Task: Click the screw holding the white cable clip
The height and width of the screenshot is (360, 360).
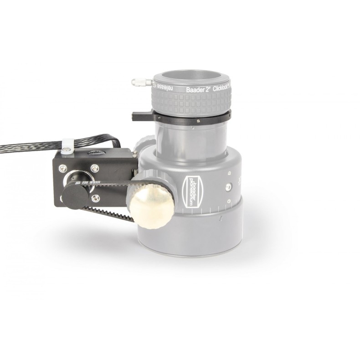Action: (x=67, y=148)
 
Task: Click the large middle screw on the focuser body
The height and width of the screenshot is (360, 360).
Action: (x=226, y=187)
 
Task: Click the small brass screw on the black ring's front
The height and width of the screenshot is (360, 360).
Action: (x=199, y=121)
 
